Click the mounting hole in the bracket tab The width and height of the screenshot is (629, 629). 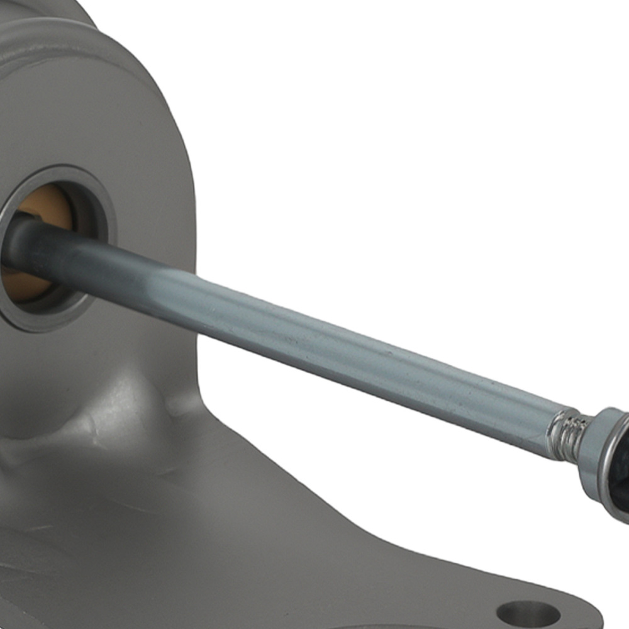pos(528,613)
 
